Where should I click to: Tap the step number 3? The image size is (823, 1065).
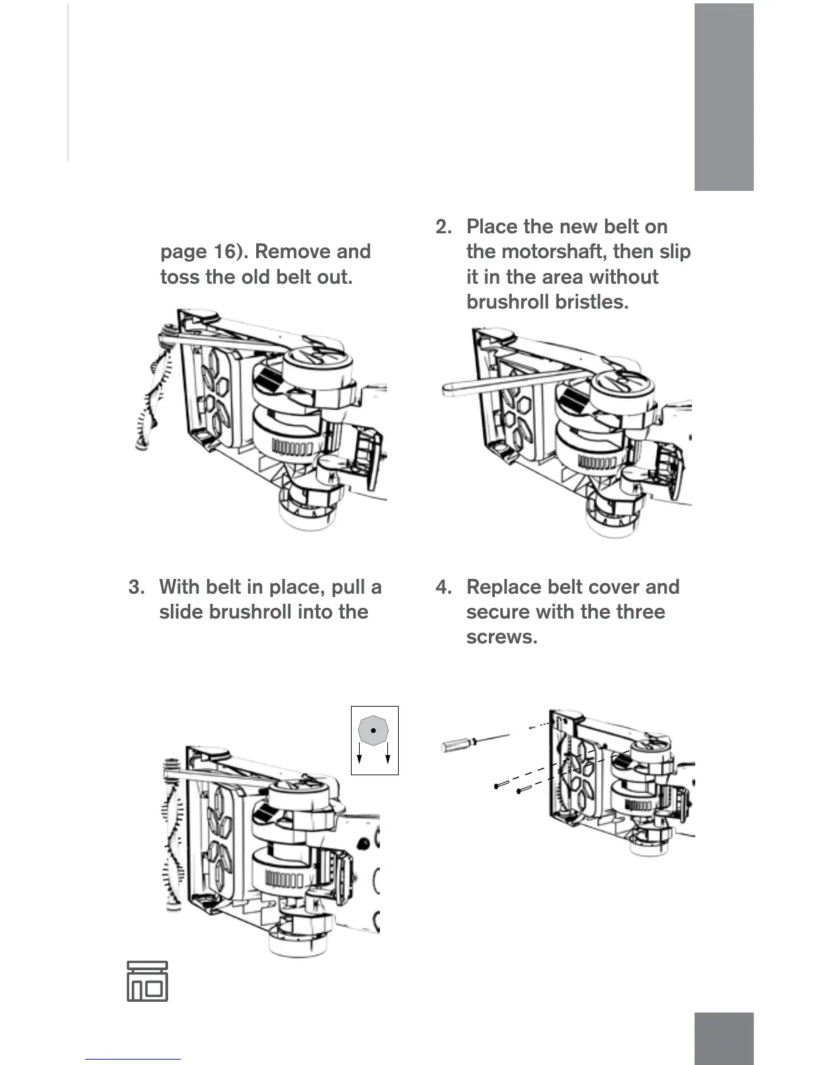135,587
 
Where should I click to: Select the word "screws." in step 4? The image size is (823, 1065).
502,637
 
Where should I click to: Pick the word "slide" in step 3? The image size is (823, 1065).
182,612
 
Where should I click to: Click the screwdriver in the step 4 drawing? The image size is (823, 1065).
464,743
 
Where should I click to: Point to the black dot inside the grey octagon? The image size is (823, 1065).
373,730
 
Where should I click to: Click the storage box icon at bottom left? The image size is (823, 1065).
147,982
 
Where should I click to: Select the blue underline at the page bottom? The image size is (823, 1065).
133,1060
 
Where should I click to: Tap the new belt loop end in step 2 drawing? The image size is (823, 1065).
449,389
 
